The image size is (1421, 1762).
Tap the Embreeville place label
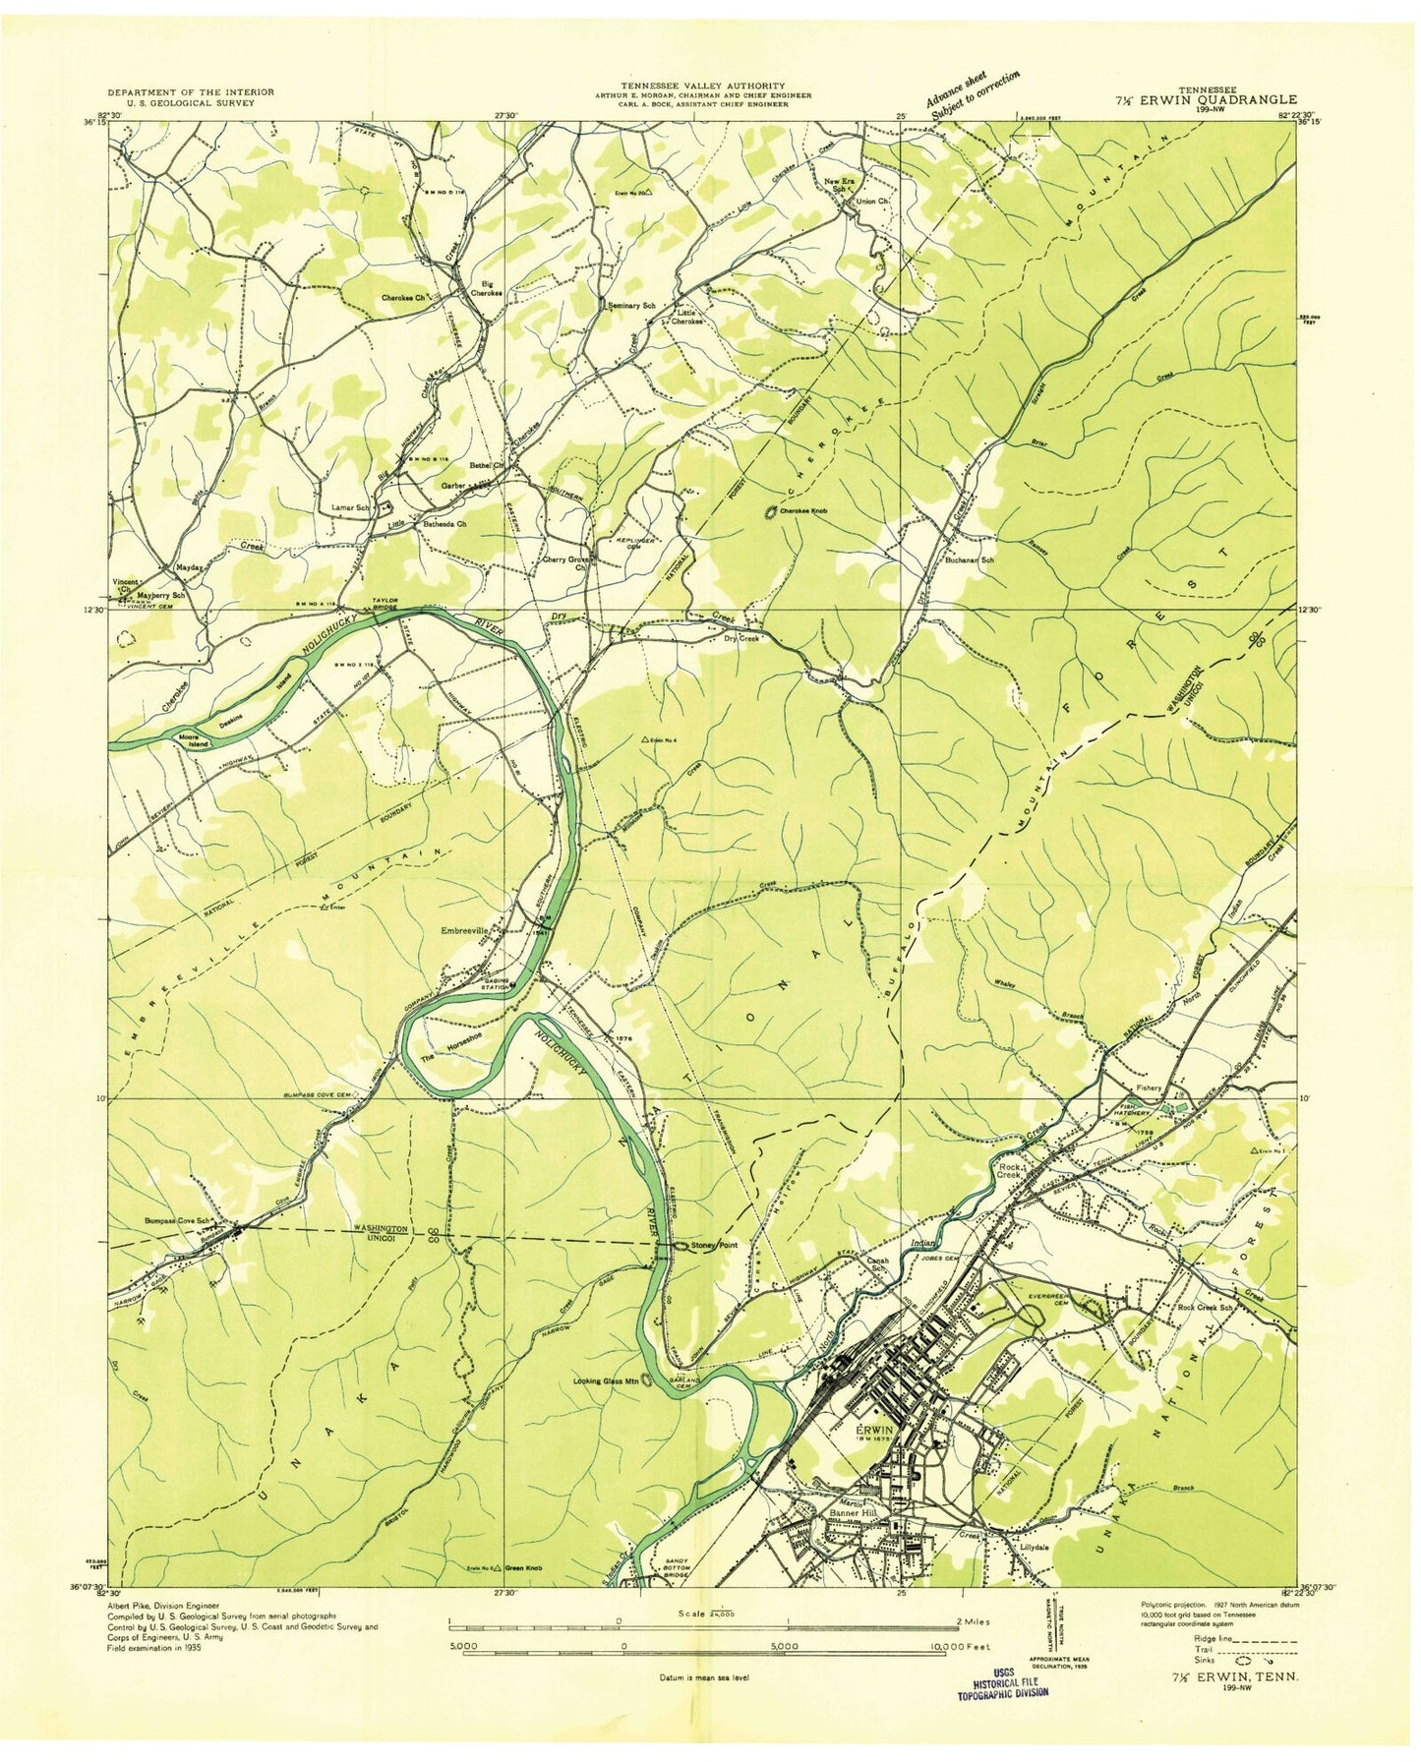tap(470, 928)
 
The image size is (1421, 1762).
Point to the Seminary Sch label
tap(631, 306)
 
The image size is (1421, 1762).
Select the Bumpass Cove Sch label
tap(178, 1221)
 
